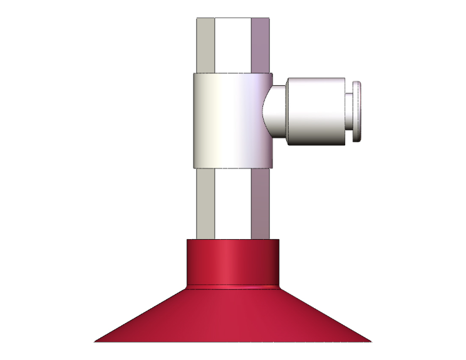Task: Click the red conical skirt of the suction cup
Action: click(x=232, y=316)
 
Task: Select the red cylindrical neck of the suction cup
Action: click(x=232, y=261)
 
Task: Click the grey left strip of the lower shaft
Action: click(x=205, y=203)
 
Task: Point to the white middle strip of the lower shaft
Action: click(x=232, y=203)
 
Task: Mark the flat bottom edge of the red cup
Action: click(x=232, y=341)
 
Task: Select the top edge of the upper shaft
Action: click(x=232, y=18)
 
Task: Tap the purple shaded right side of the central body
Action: click(x=263, y=150)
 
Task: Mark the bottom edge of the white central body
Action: click(x=232, y=168)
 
